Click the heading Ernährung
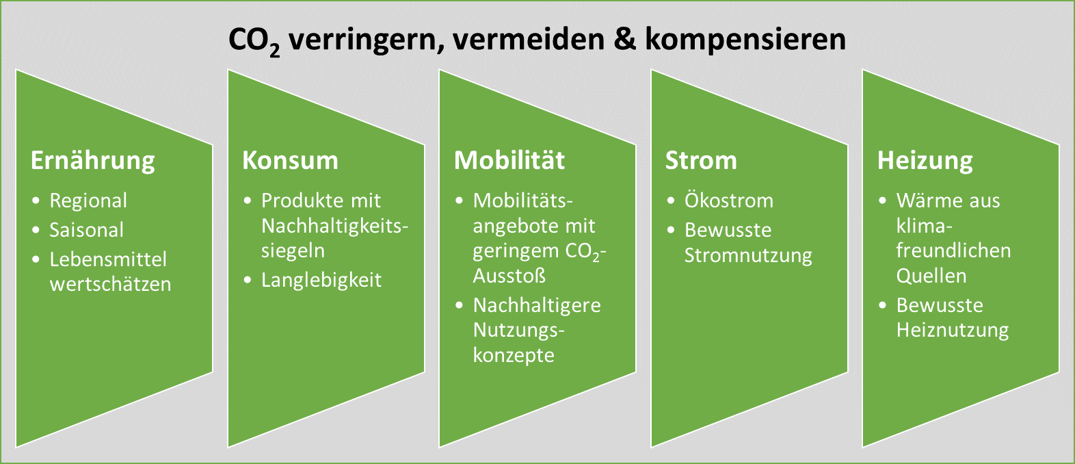coord(92,161)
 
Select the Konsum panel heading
coord(291,160)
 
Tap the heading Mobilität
coord(509,160)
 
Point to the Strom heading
coord(701,160)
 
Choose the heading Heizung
coord(925,161)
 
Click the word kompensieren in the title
coord(745,40)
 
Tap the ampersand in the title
coord(624,39)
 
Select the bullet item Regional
coord(88,201)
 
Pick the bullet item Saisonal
coord(87,230)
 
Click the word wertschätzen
coord(110,285)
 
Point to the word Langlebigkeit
coord(321,281)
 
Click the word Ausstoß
coord(509,276)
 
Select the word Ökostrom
coord(729,201)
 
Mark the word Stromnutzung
coord(748,255)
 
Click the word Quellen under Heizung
coord(931,276)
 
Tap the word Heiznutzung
coord(953,331)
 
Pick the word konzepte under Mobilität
coord(514,356)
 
